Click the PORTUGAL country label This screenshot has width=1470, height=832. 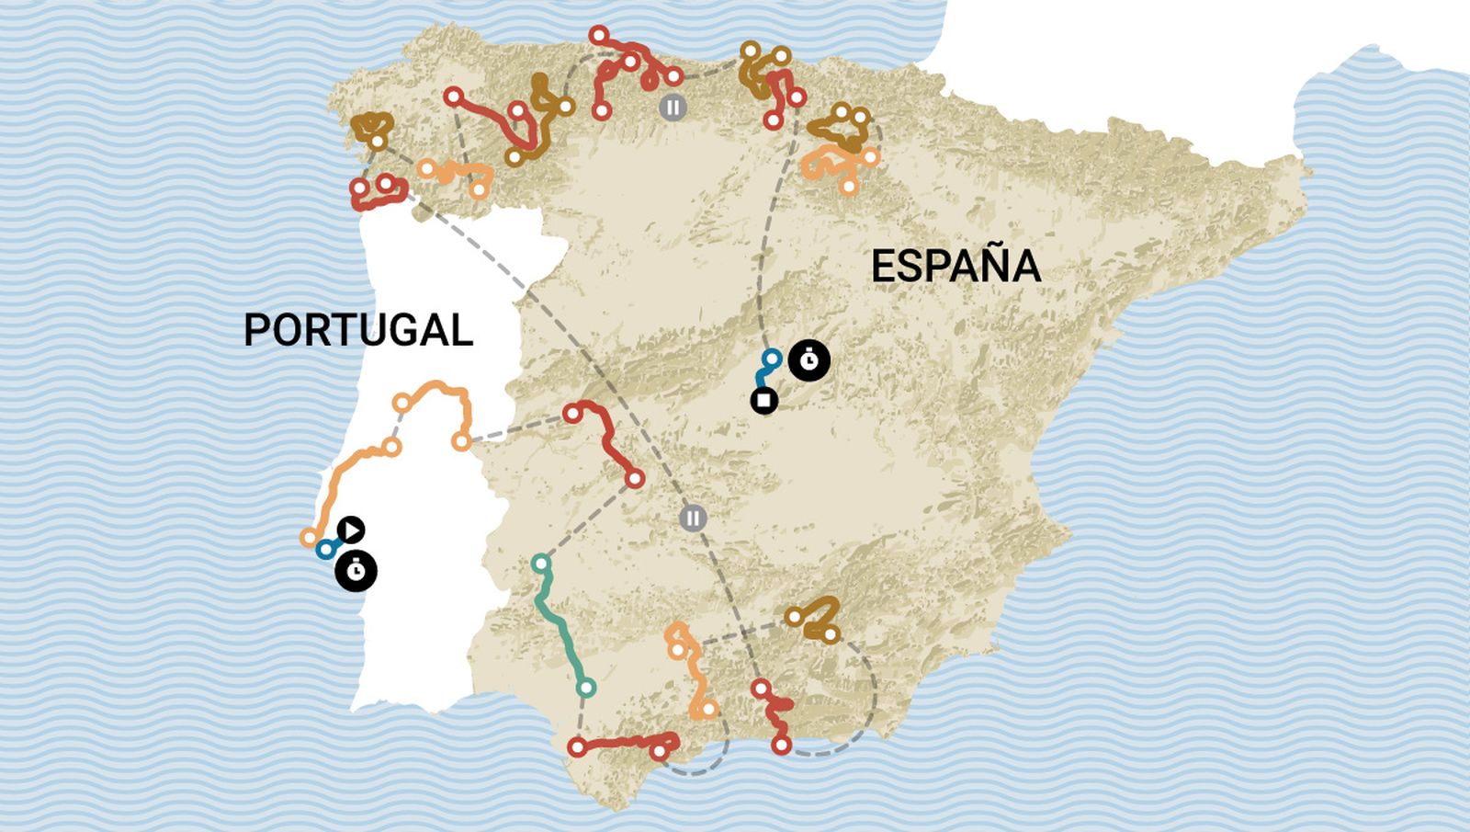click(358, 330)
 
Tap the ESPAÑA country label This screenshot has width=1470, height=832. click(955, 267)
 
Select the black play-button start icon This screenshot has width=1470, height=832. click(351, 530)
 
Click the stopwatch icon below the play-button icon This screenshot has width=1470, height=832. click(356, 571)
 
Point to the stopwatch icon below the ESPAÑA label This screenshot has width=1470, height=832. click(808, 360)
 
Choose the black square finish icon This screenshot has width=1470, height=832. click(763, 401)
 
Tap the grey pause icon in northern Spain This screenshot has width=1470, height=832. click(673, 107)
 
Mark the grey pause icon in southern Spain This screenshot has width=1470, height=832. click(694, 518)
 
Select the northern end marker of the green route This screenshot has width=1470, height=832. click(541, 563)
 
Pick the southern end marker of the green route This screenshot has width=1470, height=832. click(586, 688)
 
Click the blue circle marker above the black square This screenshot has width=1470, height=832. click(773, 358)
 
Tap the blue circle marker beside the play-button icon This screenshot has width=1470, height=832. click(325, 549)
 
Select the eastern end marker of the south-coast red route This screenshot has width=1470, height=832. click(660, 752)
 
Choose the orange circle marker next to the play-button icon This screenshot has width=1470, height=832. click(310, 537)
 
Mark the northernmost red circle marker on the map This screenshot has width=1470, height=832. click(599, 36)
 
